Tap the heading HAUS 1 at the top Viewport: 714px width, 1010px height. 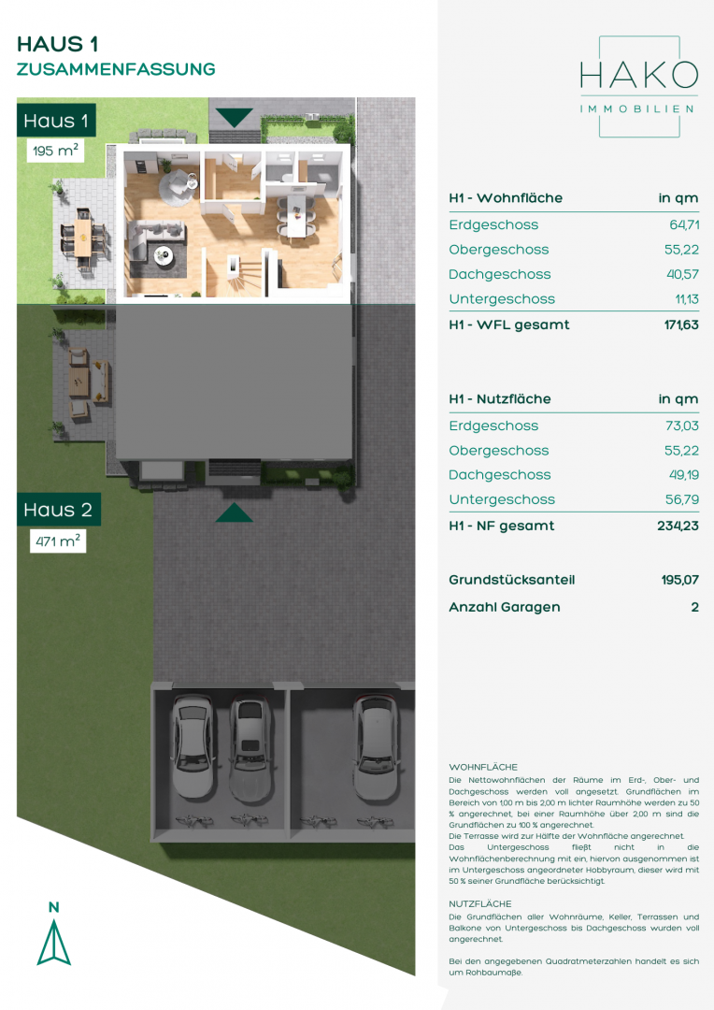pos(57,44)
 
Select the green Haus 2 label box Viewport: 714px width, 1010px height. pos(59,510)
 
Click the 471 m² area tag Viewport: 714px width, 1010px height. pos(58,541)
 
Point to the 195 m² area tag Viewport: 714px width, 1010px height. pos(55,151)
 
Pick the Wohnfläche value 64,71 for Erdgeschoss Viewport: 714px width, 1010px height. pos(684,224)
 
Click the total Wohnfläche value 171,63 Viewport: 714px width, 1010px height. pos(681,325)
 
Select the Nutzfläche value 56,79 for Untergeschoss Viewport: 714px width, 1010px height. pos(682,499)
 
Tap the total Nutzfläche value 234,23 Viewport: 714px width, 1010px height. pos(678,526)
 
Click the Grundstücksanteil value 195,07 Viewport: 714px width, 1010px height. pos(679,580)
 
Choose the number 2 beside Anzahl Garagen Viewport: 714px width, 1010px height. pos(694,607)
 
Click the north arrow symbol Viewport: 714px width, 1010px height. pos(54,942)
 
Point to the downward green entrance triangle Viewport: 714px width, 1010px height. pos(234,118)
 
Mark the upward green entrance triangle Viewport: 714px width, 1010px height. pos(234,512)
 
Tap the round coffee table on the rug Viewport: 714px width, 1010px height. pos(164,255)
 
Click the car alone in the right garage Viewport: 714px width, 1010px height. pos(378,747)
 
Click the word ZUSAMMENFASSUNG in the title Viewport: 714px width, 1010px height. pos(116,69)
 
